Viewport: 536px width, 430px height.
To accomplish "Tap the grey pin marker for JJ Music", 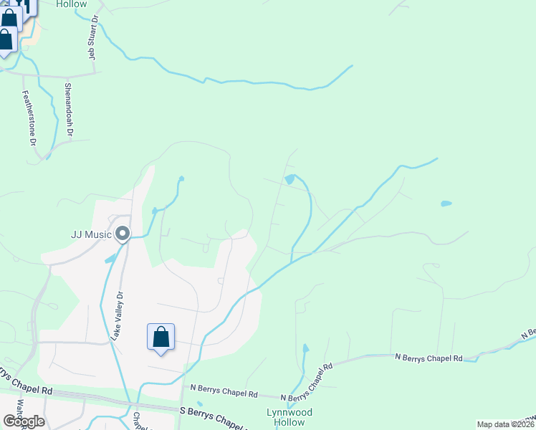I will click(x=123, y=234).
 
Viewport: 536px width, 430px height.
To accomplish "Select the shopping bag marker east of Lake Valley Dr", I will click(x=161, y=338).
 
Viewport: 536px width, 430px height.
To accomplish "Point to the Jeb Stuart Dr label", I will click(x=93, y=37).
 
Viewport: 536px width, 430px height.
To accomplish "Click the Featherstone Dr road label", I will click(x=29, y=118).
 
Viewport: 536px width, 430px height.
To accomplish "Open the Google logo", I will click(x=24, y=421).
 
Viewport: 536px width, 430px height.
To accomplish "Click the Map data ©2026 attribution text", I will click(x=505, y=424).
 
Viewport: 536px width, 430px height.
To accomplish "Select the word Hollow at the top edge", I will click(x=71, y=4).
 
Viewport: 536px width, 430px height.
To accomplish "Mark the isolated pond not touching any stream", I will click(x=446, y=204).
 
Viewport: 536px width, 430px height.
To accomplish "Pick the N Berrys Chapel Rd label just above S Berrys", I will click(x=224, y=393).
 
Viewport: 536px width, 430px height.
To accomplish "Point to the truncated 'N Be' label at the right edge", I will click(x=529, y=333).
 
